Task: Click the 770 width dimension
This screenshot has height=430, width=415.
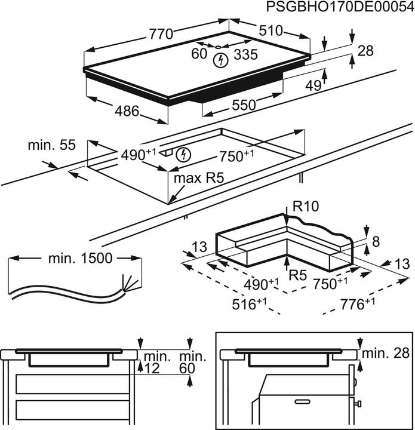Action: (161, 35)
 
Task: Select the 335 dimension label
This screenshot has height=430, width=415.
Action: (245, 55)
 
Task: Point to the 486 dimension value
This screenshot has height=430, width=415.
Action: (127, 111)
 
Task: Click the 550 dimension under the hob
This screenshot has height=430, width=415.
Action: (244, 105)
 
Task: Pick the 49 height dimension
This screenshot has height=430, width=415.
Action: (313, 86)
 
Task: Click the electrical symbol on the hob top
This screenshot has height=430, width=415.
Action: (221, 59)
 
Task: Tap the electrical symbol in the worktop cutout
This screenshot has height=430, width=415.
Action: (185, 154)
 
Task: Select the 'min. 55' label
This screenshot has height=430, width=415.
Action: (51, 145)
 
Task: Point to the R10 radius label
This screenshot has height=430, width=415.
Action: (306, 207)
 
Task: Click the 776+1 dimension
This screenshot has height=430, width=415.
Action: (357, 304)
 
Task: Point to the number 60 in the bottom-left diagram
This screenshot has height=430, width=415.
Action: (187, 369)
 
